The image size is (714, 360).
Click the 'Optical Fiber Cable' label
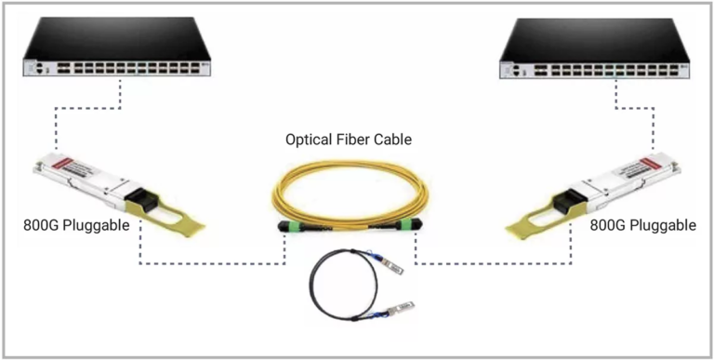(x=349, y=140)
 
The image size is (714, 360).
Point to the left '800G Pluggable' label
(x=77, y=225)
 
